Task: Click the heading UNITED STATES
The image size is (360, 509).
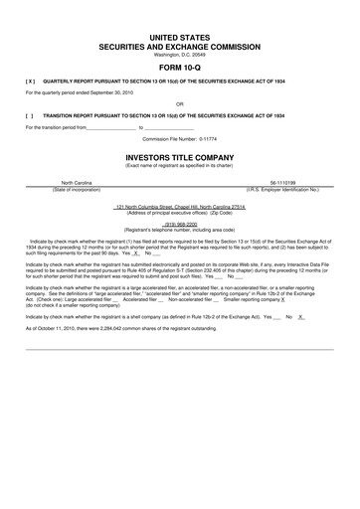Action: pos(180,36)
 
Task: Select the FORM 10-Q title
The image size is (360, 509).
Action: pos(180,69)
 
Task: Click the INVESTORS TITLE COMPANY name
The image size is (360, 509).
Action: pos(180,157)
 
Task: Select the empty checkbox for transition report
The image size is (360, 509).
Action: pos(32,114)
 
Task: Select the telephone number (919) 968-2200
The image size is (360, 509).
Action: pos(180,224)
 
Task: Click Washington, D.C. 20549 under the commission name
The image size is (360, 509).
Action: pos(180,54)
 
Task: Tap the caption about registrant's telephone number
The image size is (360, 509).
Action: pos(180,230)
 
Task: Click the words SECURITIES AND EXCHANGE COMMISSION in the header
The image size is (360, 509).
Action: pos(180,46)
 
